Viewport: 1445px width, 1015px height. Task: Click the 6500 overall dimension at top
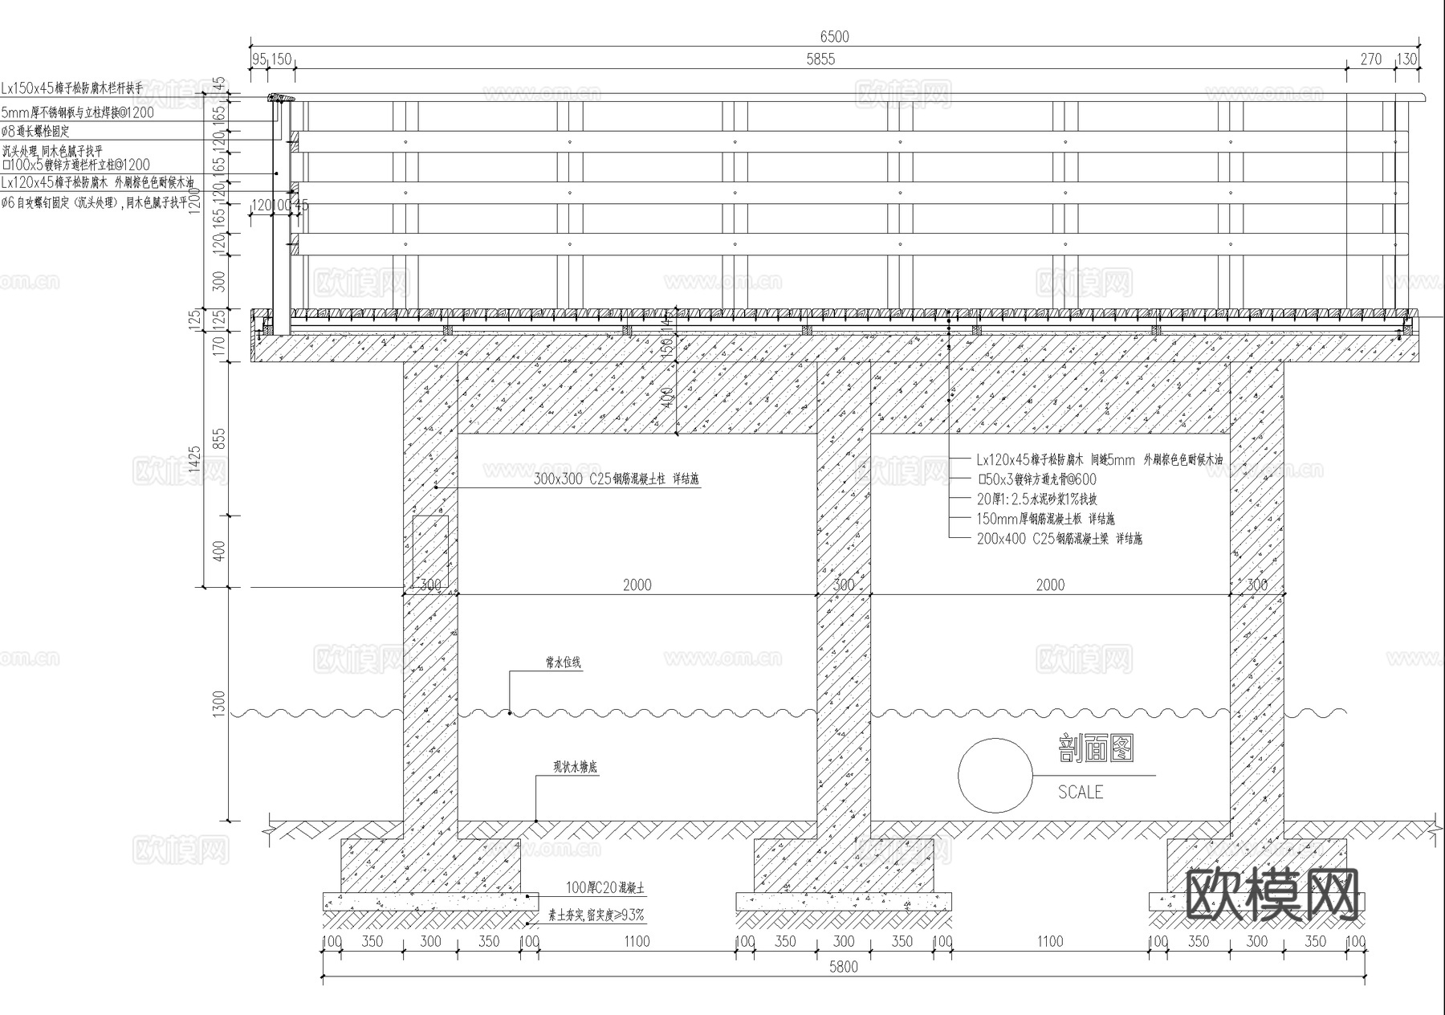click(834, 37)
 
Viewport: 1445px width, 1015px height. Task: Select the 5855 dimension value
click(820, 59)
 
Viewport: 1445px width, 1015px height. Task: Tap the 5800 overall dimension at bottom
click(844, 968)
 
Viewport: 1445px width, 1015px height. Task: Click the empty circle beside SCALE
click(995, 775)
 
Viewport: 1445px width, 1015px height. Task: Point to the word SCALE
click(1080, 793)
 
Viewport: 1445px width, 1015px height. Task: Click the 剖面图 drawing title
click(1096, 750)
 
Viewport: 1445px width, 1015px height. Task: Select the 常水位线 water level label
click(563, 663)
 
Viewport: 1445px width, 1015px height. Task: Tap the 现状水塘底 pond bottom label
click(575, 768)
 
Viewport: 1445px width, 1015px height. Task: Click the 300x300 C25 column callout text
click(616, 479)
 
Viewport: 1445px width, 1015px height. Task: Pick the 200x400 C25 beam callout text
click(1059, 539)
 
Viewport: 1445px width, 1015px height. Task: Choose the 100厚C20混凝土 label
click(605, 888)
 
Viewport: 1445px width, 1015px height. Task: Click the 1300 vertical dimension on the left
click(220, 704)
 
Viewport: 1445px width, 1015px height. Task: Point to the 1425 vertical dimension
click(193, 462)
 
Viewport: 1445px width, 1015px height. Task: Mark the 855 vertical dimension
click(220, 438)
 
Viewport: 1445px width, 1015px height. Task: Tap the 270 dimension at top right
click(1371, 59)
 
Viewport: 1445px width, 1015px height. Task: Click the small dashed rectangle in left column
click(430, 551)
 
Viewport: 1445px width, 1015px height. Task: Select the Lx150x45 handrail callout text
click(72, 88)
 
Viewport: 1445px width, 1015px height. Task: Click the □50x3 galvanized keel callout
click(1036, 479)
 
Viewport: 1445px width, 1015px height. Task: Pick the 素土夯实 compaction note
click(596, 915)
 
